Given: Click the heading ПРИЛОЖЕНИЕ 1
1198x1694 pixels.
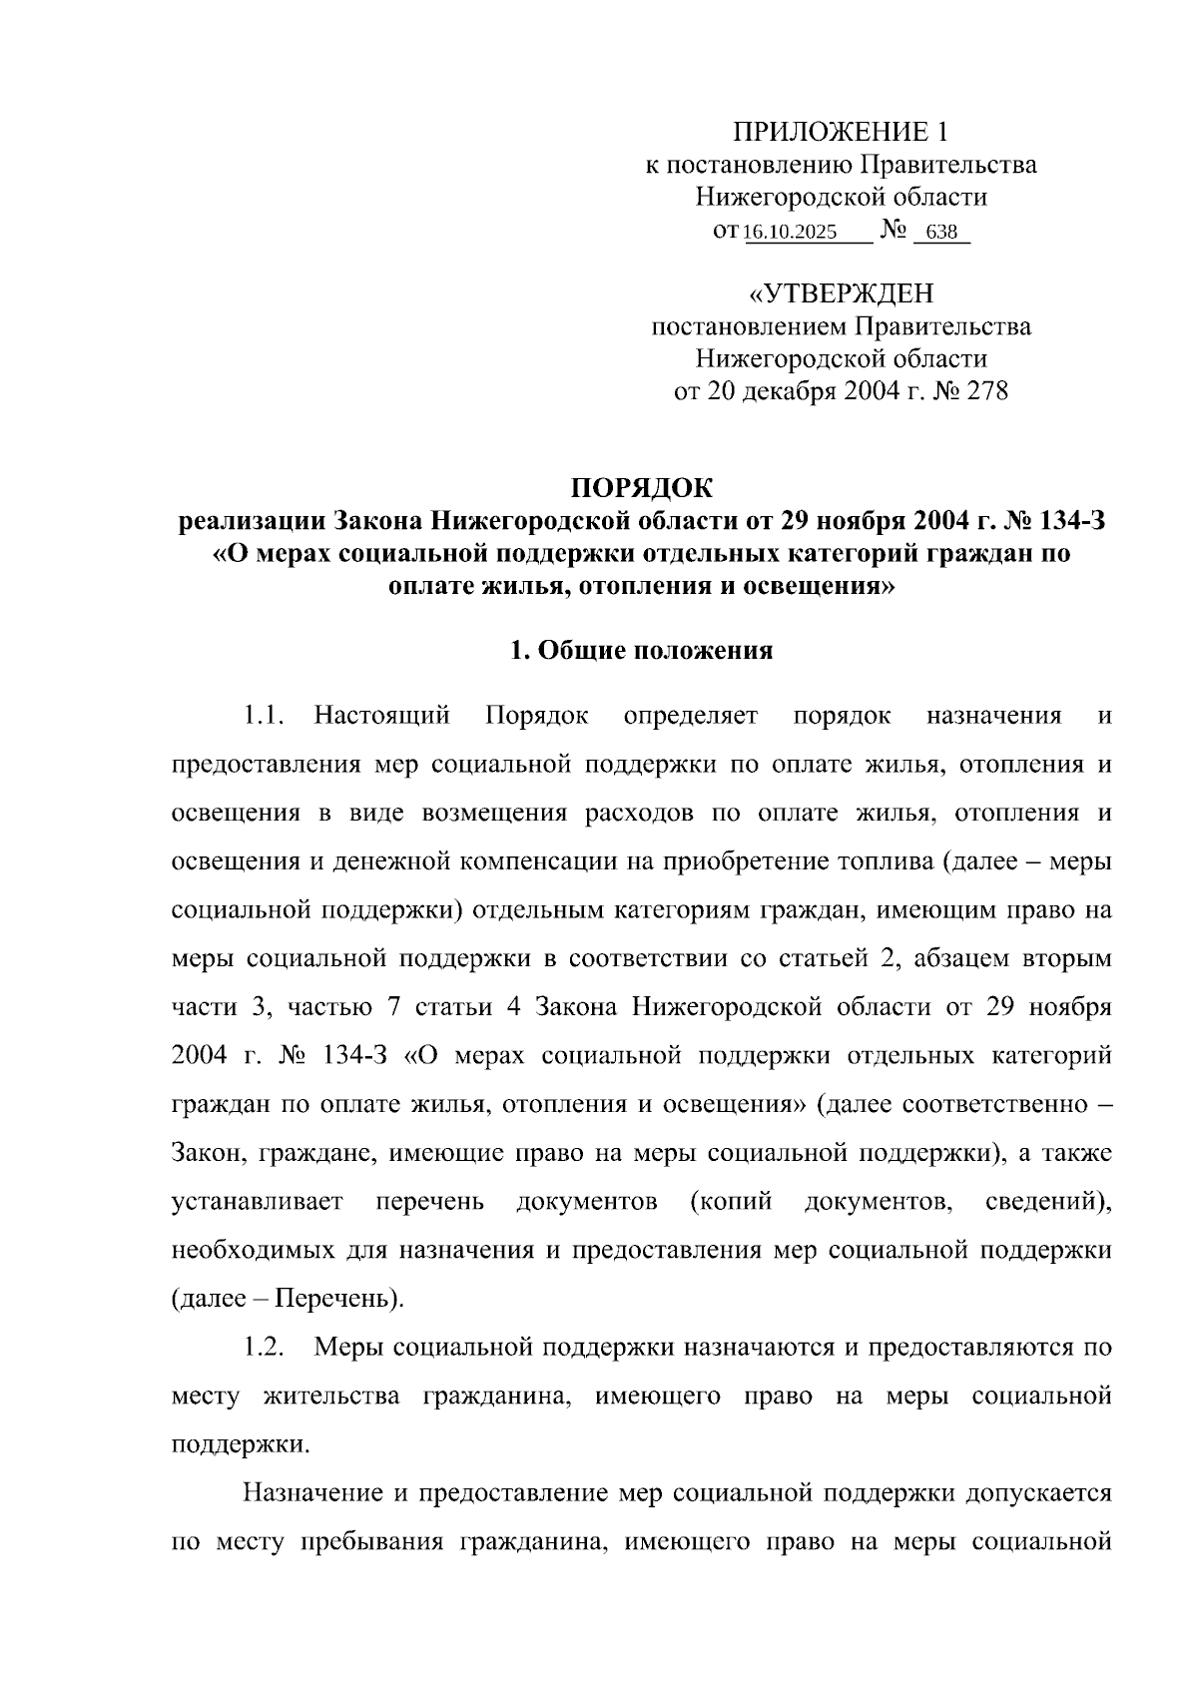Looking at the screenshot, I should coord(840,132).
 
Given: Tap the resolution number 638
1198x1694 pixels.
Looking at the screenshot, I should coord(941,233).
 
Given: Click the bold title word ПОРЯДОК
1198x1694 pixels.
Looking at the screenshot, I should coord(641,488).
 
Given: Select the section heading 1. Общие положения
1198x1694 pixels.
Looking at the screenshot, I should coord(641,651).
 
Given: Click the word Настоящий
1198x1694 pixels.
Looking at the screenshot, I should coord(381,716).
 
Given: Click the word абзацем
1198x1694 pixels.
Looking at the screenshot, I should coord(954,959).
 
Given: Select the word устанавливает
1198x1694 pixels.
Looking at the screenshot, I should coord(258,1201).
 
